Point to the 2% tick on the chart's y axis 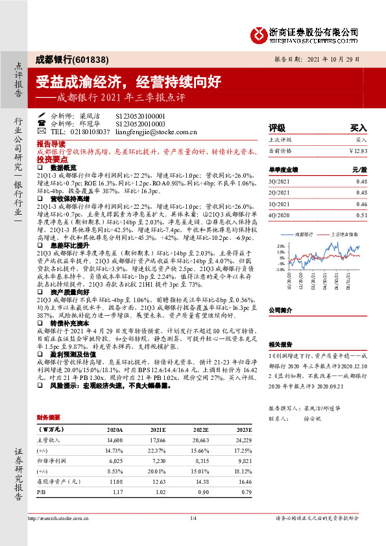click(281, 246)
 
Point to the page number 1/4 click(193, 518)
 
